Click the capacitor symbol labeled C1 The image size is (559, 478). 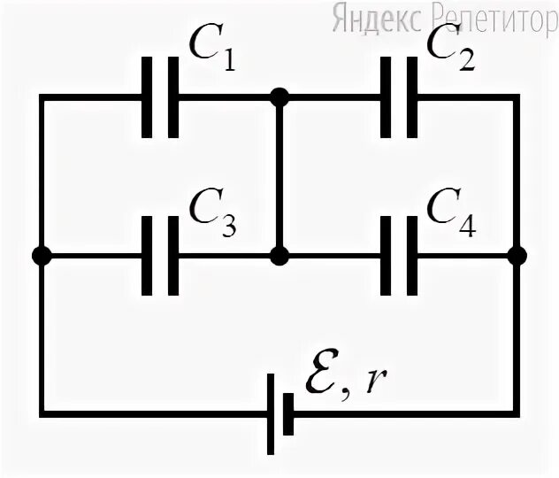point(161,96)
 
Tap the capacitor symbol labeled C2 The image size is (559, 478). point(399,96)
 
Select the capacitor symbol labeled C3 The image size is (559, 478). point(161,257)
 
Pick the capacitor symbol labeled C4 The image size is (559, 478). point(399,257)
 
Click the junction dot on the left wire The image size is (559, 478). point(41,257)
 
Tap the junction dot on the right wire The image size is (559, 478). point(518,257)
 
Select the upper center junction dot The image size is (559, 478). point(279,96)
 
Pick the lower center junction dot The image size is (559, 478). point(279,257)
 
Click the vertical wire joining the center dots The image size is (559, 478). point(279,177)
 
